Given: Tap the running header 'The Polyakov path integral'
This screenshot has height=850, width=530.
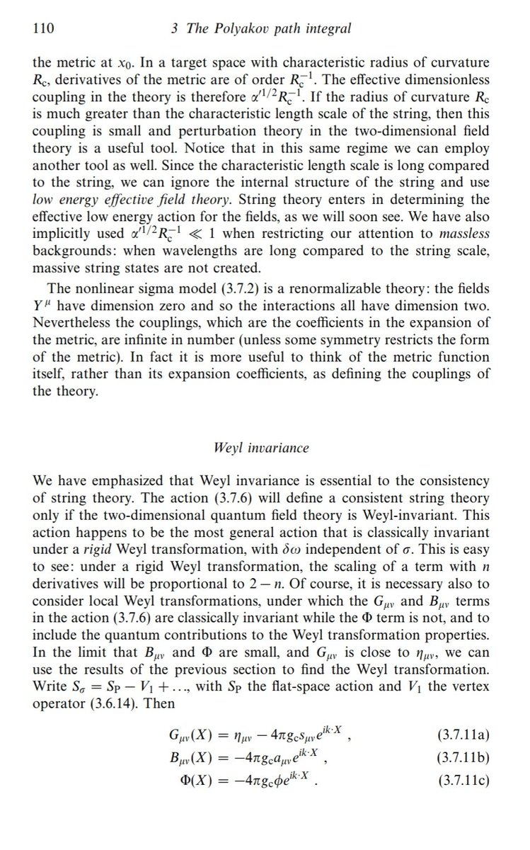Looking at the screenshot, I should tap(273, 29).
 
